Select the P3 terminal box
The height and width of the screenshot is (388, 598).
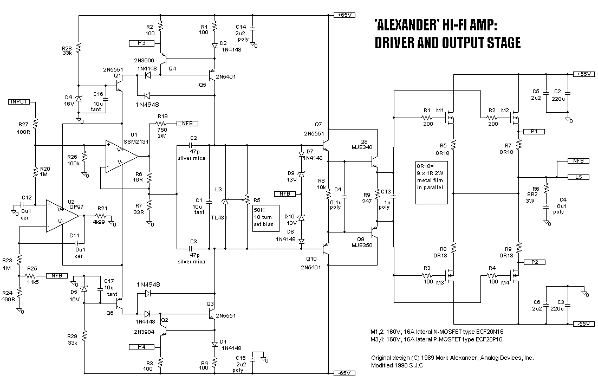pos(141,42)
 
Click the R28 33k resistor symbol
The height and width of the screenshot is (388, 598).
pos(79,49)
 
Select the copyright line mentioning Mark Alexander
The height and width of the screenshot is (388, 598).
pos(452,358)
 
